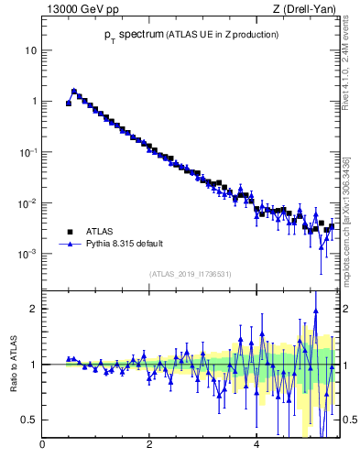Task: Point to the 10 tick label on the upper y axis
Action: [30, 50]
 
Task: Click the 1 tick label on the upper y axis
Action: [33, 101]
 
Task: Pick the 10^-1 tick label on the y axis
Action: [27, 151]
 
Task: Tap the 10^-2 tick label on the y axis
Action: [27, 202]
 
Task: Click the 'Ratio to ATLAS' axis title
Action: [13, 365]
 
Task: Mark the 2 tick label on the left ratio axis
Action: [33, 309]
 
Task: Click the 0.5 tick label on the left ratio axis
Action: [29, 420]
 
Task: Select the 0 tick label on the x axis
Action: [42, 446]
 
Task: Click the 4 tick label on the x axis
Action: [256, 446]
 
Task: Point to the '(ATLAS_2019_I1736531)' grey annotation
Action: [191, 274]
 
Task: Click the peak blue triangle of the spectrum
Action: [74, 91]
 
